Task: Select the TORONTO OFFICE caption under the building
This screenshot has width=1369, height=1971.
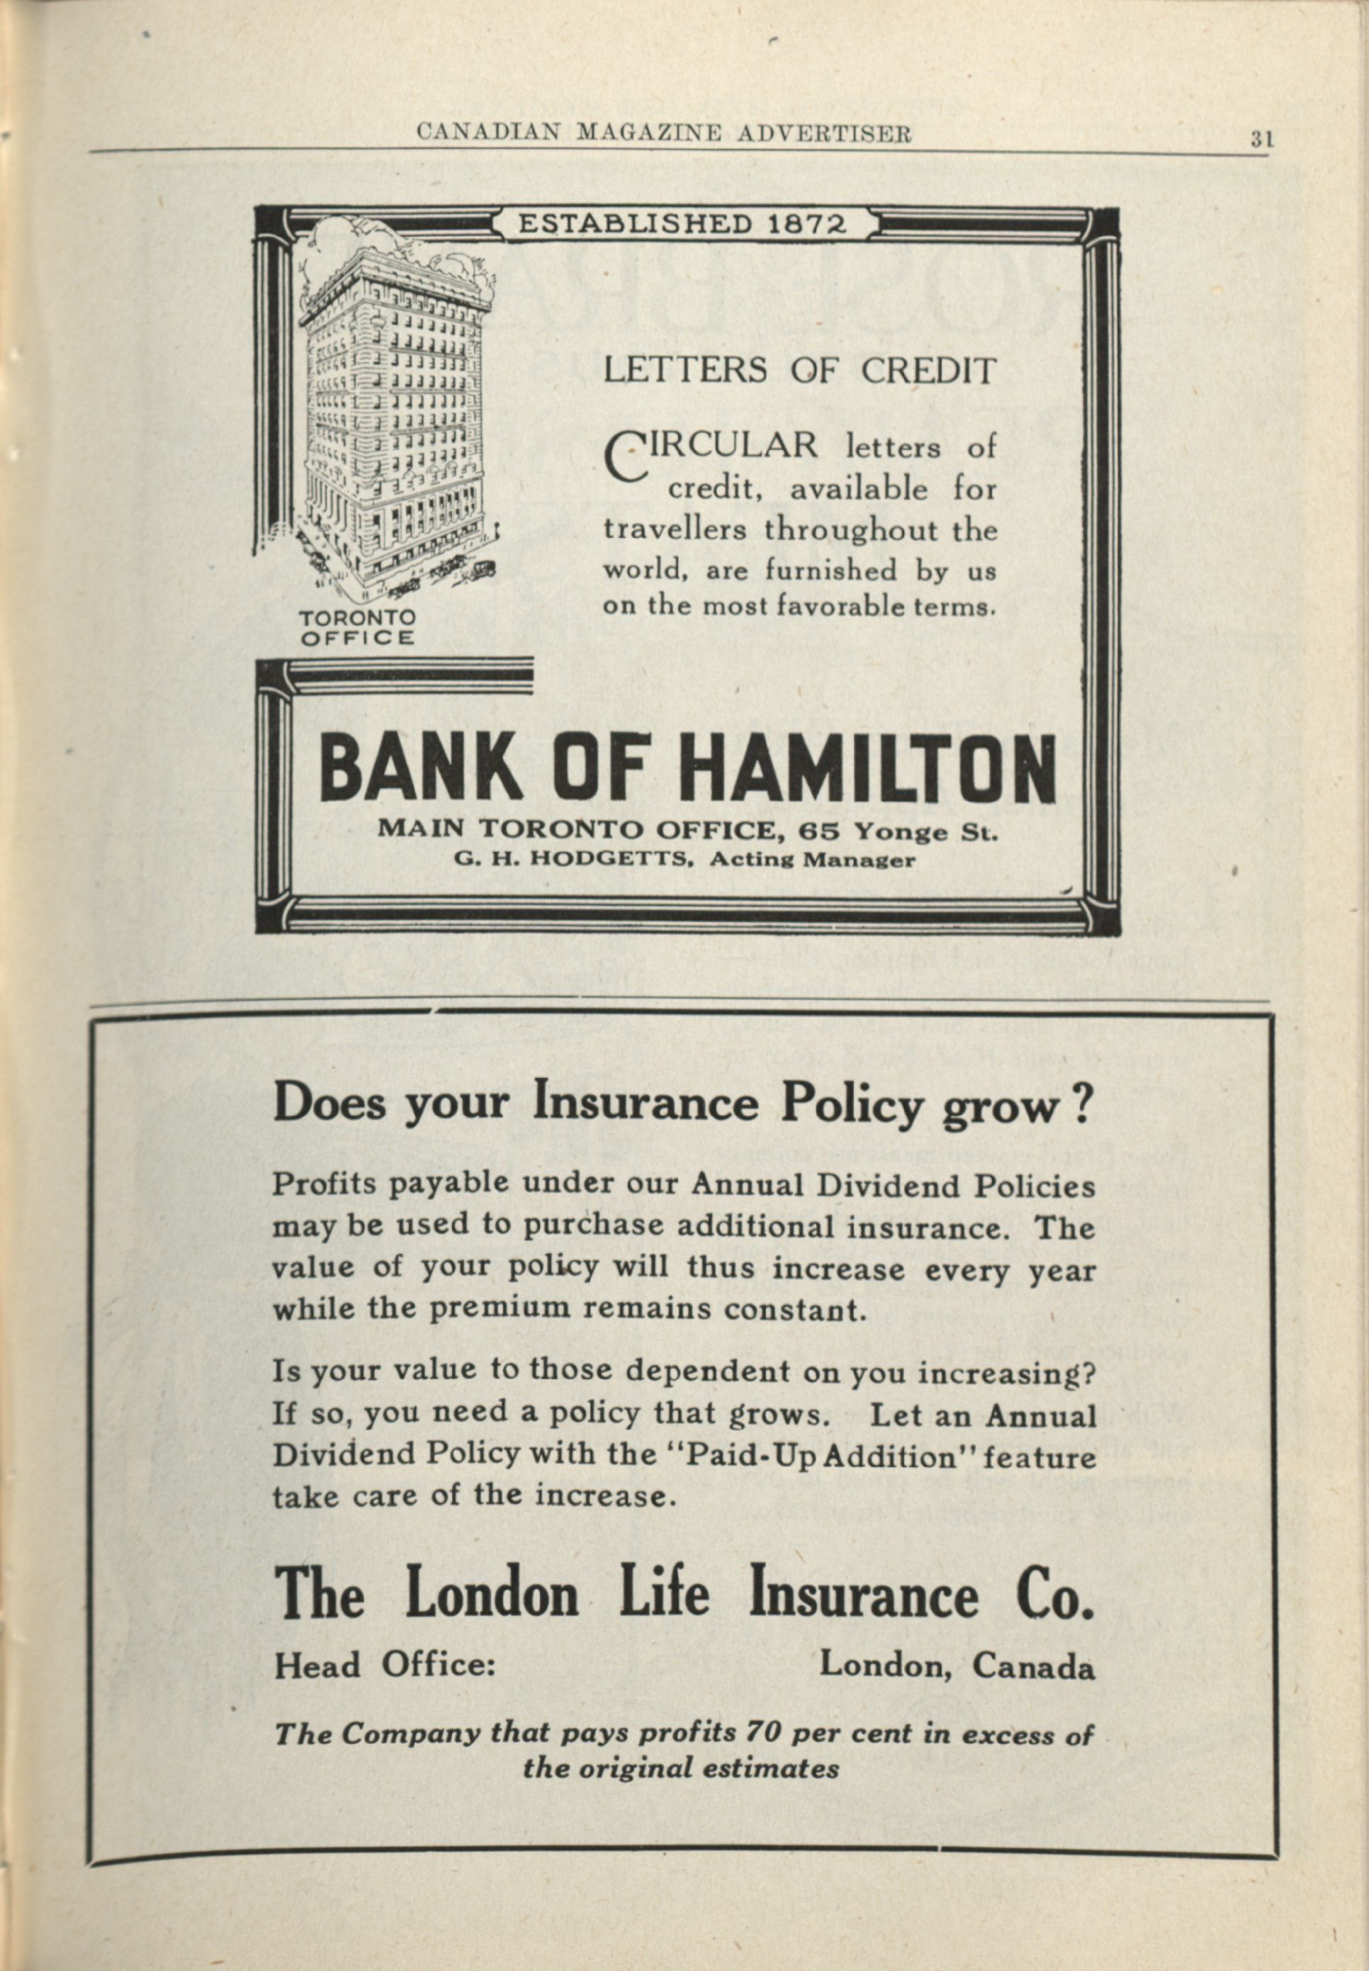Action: click(x=357, y=628)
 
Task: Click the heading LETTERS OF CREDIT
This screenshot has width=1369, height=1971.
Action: click(x=799, y=371)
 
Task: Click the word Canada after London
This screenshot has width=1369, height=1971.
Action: click(x=1032, y=1666)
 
